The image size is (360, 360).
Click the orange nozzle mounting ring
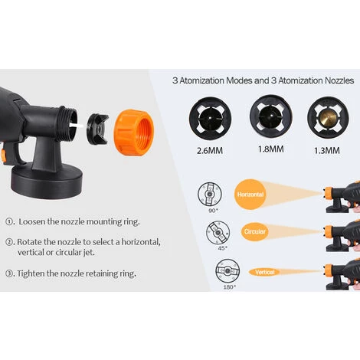133,133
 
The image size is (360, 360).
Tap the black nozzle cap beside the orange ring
97,129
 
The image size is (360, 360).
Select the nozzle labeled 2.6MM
210,119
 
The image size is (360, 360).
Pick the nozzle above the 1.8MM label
271,116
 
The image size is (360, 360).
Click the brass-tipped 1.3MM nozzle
328,117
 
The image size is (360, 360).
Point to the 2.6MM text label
210,151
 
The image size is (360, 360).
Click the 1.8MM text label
270,149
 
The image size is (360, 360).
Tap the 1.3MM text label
327,151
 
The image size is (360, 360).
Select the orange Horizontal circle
250,195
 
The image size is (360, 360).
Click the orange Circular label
254,231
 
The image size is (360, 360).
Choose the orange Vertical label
264,272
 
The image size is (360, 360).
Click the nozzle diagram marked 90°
210,195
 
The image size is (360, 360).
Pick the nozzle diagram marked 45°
218,233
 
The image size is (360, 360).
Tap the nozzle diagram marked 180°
227,270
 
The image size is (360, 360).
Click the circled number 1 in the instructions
9,221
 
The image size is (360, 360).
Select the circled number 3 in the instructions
9,273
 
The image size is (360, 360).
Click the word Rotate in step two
30,242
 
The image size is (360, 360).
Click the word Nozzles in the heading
339,80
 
